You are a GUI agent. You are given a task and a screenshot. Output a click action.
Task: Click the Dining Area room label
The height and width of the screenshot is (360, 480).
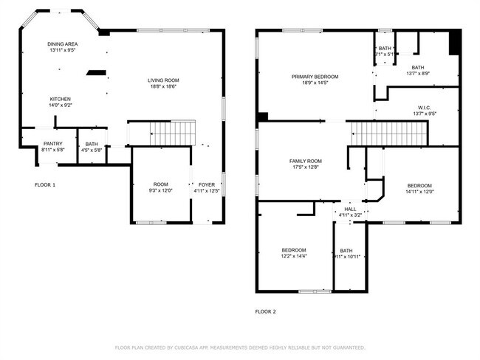[63, 44]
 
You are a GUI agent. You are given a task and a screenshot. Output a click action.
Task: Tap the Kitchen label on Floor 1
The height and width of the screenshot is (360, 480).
[61, 99]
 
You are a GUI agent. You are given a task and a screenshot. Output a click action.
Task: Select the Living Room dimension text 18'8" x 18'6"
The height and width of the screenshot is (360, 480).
[163, 87]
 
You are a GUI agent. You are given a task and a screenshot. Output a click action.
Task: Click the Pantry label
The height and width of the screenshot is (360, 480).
[52, 144]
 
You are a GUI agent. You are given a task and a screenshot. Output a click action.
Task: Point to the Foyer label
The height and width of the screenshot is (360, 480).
[207, 184]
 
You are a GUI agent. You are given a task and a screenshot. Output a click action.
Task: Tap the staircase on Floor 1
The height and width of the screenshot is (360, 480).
[172, 134]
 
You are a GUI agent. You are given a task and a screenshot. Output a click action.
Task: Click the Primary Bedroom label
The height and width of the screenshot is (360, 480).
[315, 77]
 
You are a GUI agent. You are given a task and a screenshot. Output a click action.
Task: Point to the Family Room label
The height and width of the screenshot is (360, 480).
[305, 161]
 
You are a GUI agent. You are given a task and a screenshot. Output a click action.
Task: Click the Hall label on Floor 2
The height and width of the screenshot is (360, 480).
[350, 210]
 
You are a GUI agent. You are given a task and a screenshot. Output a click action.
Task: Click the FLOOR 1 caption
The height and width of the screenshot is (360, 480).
[45, 184]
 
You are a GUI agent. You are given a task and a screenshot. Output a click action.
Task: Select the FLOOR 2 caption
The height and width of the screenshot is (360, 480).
[265, 312]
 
